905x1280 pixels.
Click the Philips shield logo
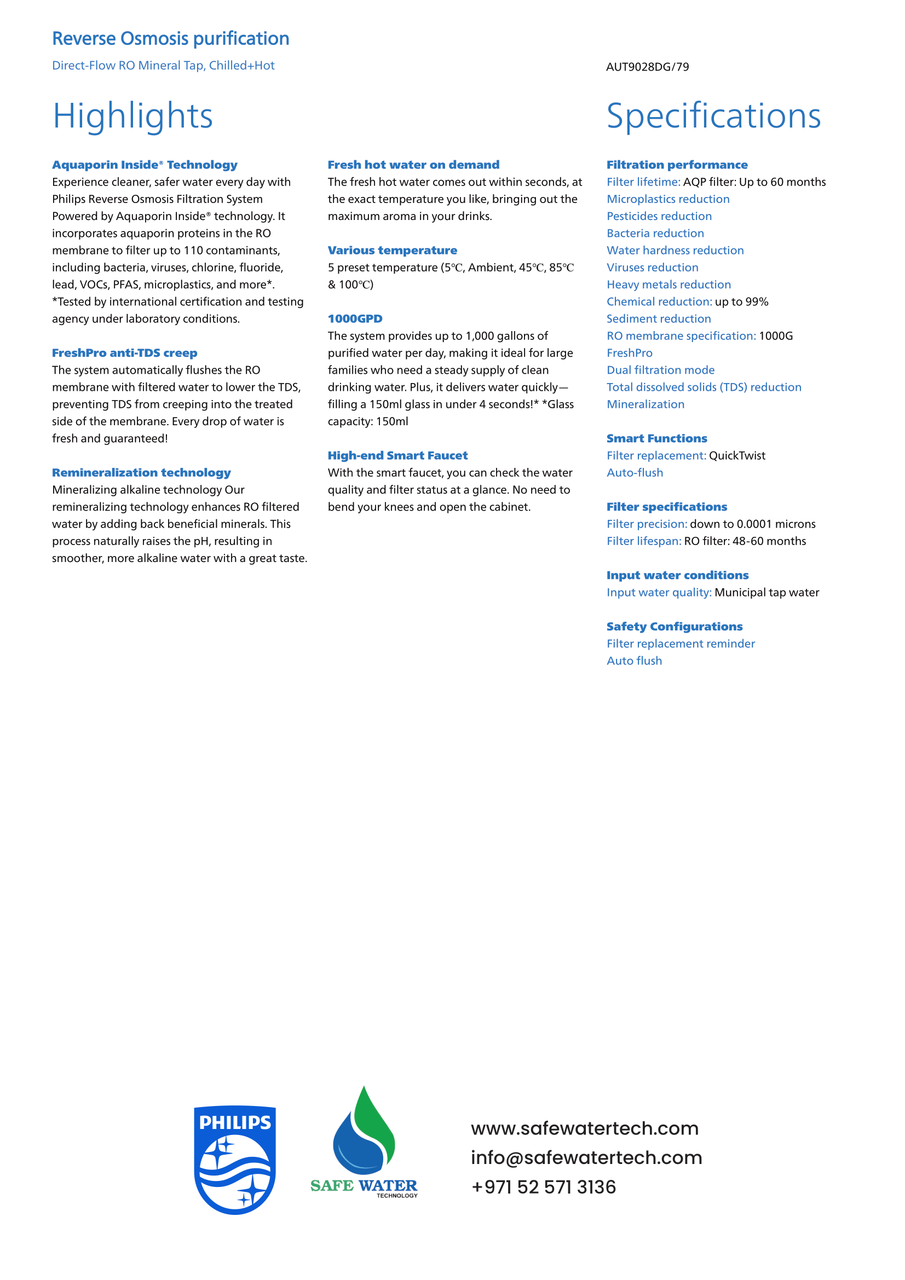pos(235,1159)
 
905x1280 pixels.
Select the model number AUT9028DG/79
pos(647,67)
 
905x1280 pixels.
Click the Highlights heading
pos(132,116)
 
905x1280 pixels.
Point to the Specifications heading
pos(713,116)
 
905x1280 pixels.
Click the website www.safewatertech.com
pos(584,1128)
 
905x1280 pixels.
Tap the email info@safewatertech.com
pos(586,1157)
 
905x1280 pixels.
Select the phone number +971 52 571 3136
pos(543,1187)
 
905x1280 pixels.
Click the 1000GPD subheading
pos(355,319)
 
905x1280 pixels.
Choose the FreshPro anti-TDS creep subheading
pos(124,353)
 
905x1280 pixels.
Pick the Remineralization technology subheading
pos(141,473)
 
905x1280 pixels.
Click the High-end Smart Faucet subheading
pos(397,455)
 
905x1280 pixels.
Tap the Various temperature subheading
pos(392,250)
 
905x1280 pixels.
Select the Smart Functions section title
pos(656,439)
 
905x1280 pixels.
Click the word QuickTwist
pos(736,456)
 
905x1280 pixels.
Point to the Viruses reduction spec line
pos(653,268)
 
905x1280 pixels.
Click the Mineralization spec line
pos(645,405)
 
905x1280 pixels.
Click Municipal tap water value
pos(766,593)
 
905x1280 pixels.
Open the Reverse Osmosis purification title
pos(171,39)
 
